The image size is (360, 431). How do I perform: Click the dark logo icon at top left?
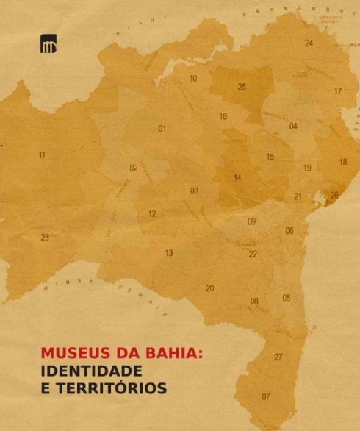[48, 44]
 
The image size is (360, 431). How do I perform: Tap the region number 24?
[309, 43]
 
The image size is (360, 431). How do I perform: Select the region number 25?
[242, 87]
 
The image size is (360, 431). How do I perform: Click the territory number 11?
[42, 155]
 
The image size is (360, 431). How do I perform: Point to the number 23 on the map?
[45, 238]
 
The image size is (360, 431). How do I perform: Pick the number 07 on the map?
[266, 396]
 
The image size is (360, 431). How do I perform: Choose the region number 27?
[278, 357]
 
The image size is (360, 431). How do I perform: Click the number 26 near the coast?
[334, 195]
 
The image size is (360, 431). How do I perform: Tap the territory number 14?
[237, 178]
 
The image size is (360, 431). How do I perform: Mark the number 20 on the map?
[209, 288]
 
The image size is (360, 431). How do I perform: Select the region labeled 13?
[169, 253]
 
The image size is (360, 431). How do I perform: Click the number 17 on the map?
[338, 92]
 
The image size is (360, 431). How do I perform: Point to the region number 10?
[193, 78]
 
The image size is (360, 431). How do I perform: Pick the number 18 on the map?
[343, 162]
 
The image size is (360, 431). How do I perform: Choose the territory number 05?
[287, 298]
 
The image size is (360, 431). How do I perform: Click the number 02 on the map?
[134, 168]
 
